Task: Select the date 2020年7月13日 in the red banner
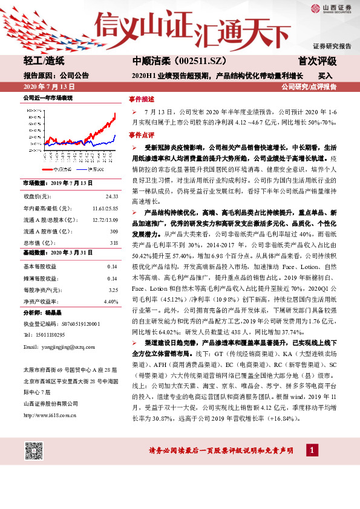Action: [46, 87]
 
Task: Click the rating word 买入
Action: [325, 77]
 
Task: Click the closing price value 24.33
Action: [111, 196]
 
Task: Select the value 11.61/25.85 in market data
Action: [105, 208]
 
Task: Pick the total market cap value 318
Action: [114, 243]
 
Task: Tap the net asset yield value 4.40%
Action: [111, 301]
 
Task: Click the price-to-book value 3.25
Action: [113, 290]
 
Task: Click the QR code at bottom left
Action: [34, 451]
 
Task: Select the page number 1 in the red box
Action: [312, 450]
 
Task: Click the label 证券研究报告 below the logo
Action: [332, 46]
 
